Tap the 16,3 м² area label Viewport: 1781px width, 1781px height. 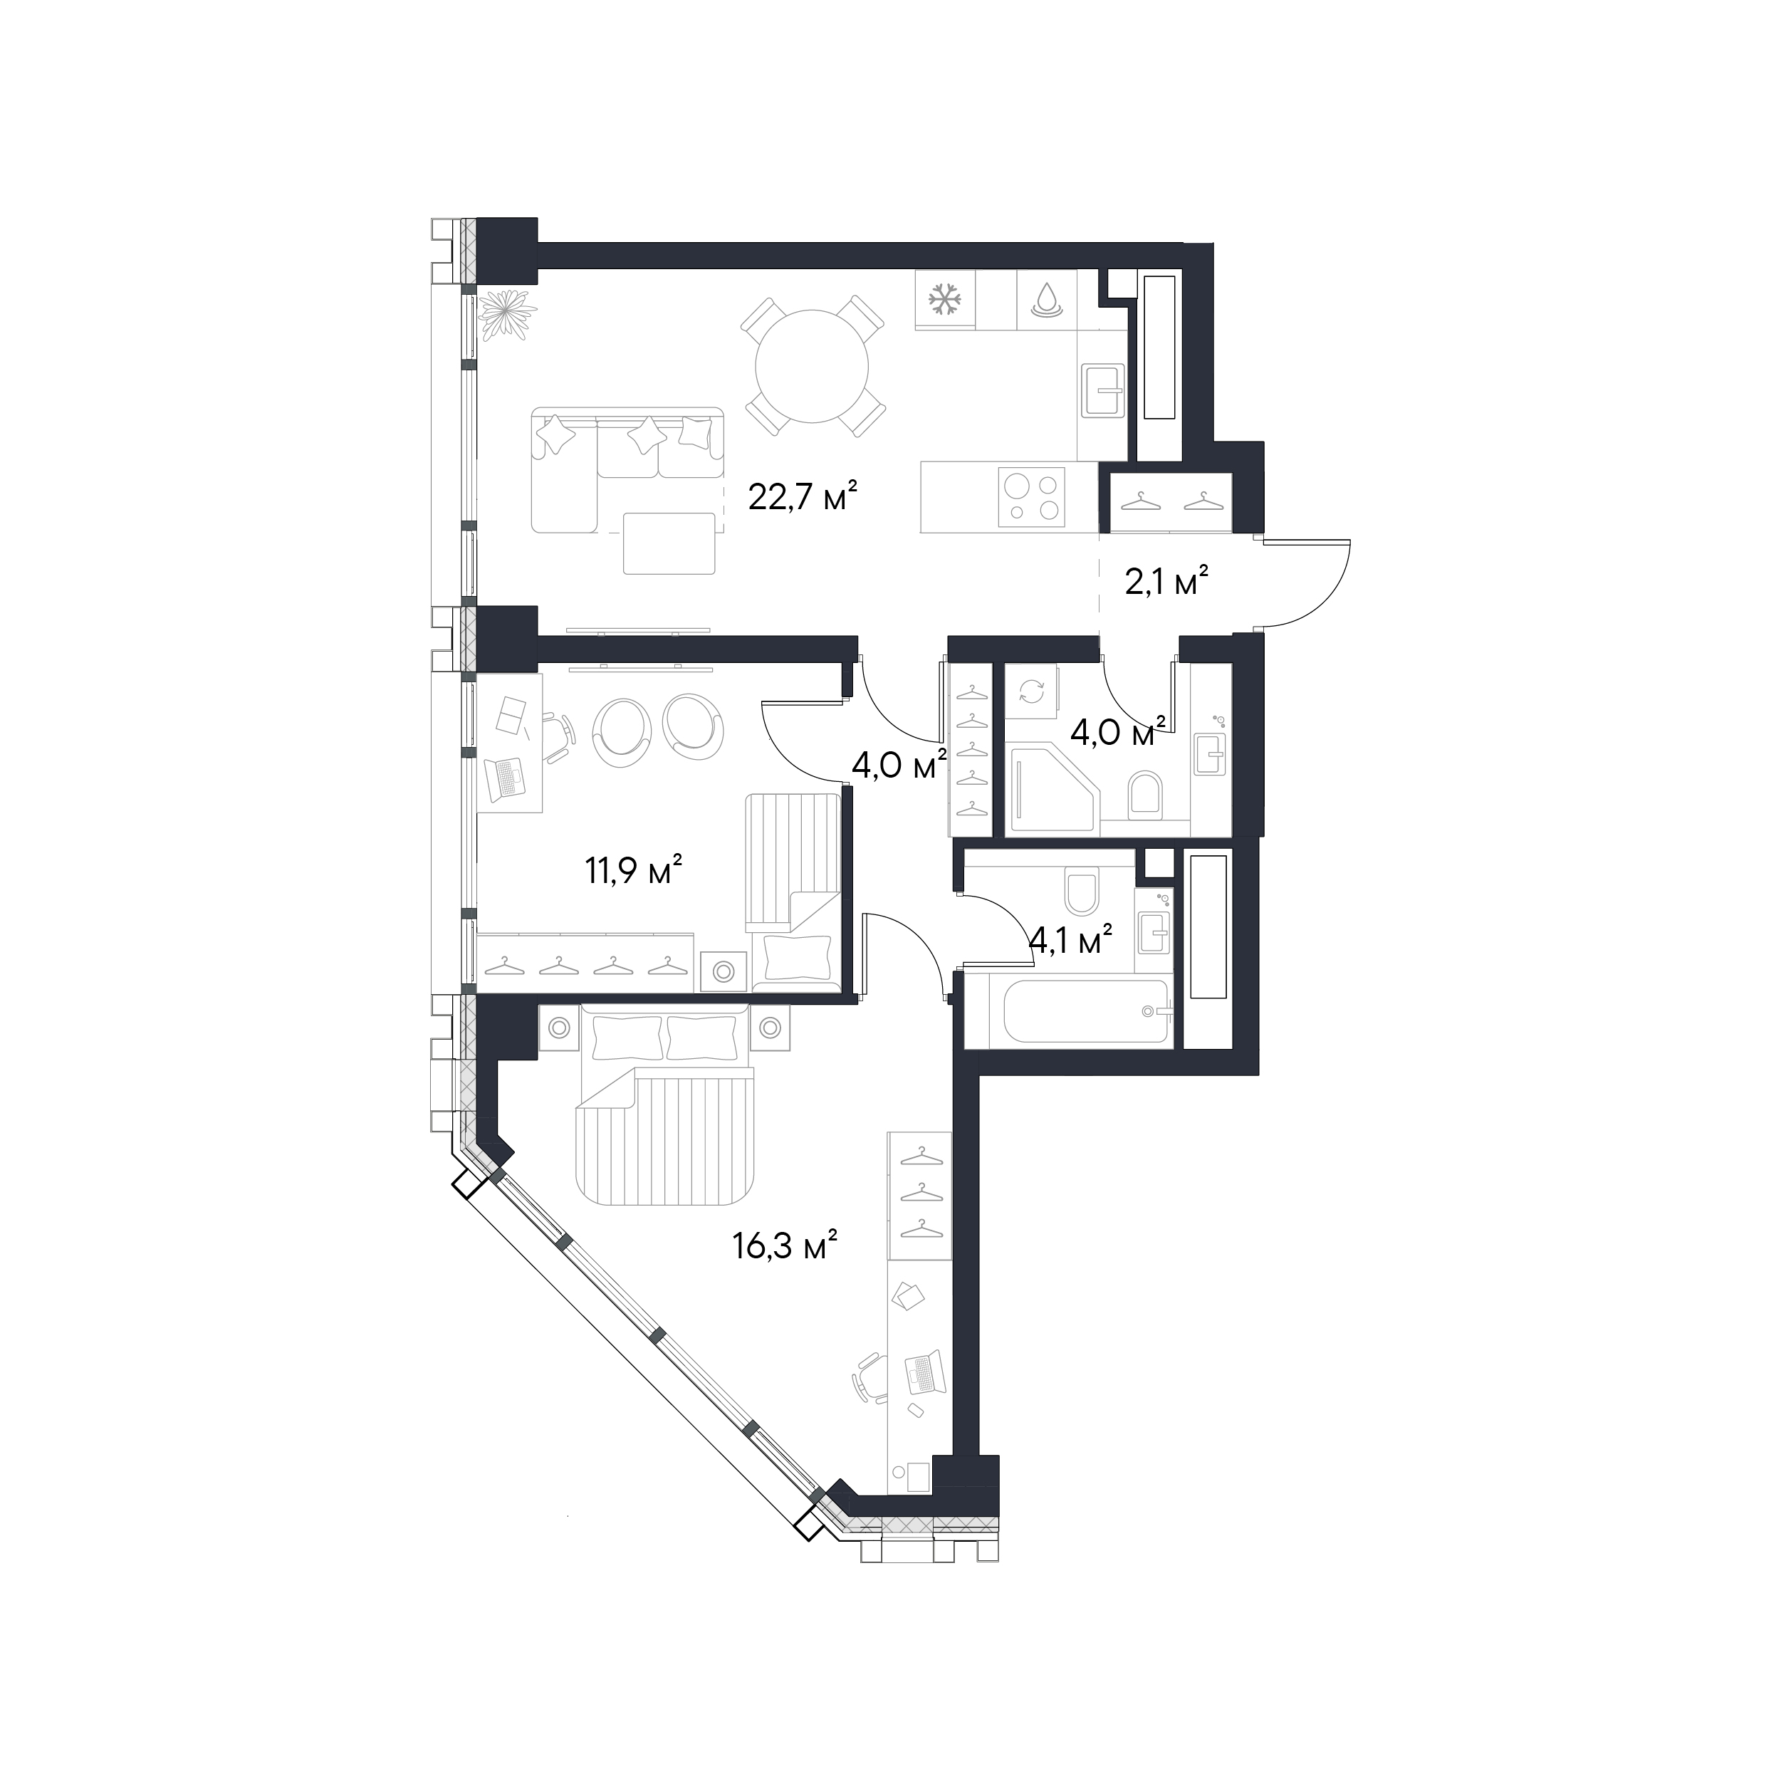[785, 1247]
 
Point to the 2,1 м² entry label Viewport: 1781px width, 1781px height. [1167, 582]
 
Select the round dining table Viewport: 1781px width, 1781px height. [811, 366]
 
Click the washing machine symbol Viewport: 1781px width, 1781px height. [1033, 692]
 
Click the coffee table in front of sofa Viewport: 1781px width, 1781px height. [670, 543]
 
